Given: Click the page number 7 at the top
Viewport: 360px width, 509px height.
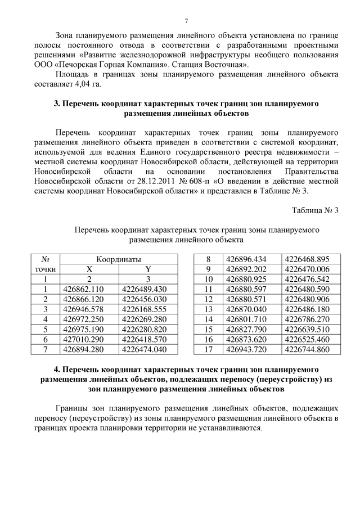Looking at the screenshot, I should pyautogui.click(x=186, y=21).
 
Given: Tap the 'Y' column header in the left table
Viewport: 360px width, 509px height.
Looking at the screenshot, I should pyautogui.click(x=148, y=269).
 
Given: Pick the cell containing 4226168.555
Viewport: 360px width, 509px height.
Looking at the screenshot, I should pyautogui.click(x=148, y=309).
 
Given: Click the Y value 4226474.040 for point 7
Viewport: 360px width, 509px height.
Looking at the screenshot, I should pyautogui.click(x=148, y=349).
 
